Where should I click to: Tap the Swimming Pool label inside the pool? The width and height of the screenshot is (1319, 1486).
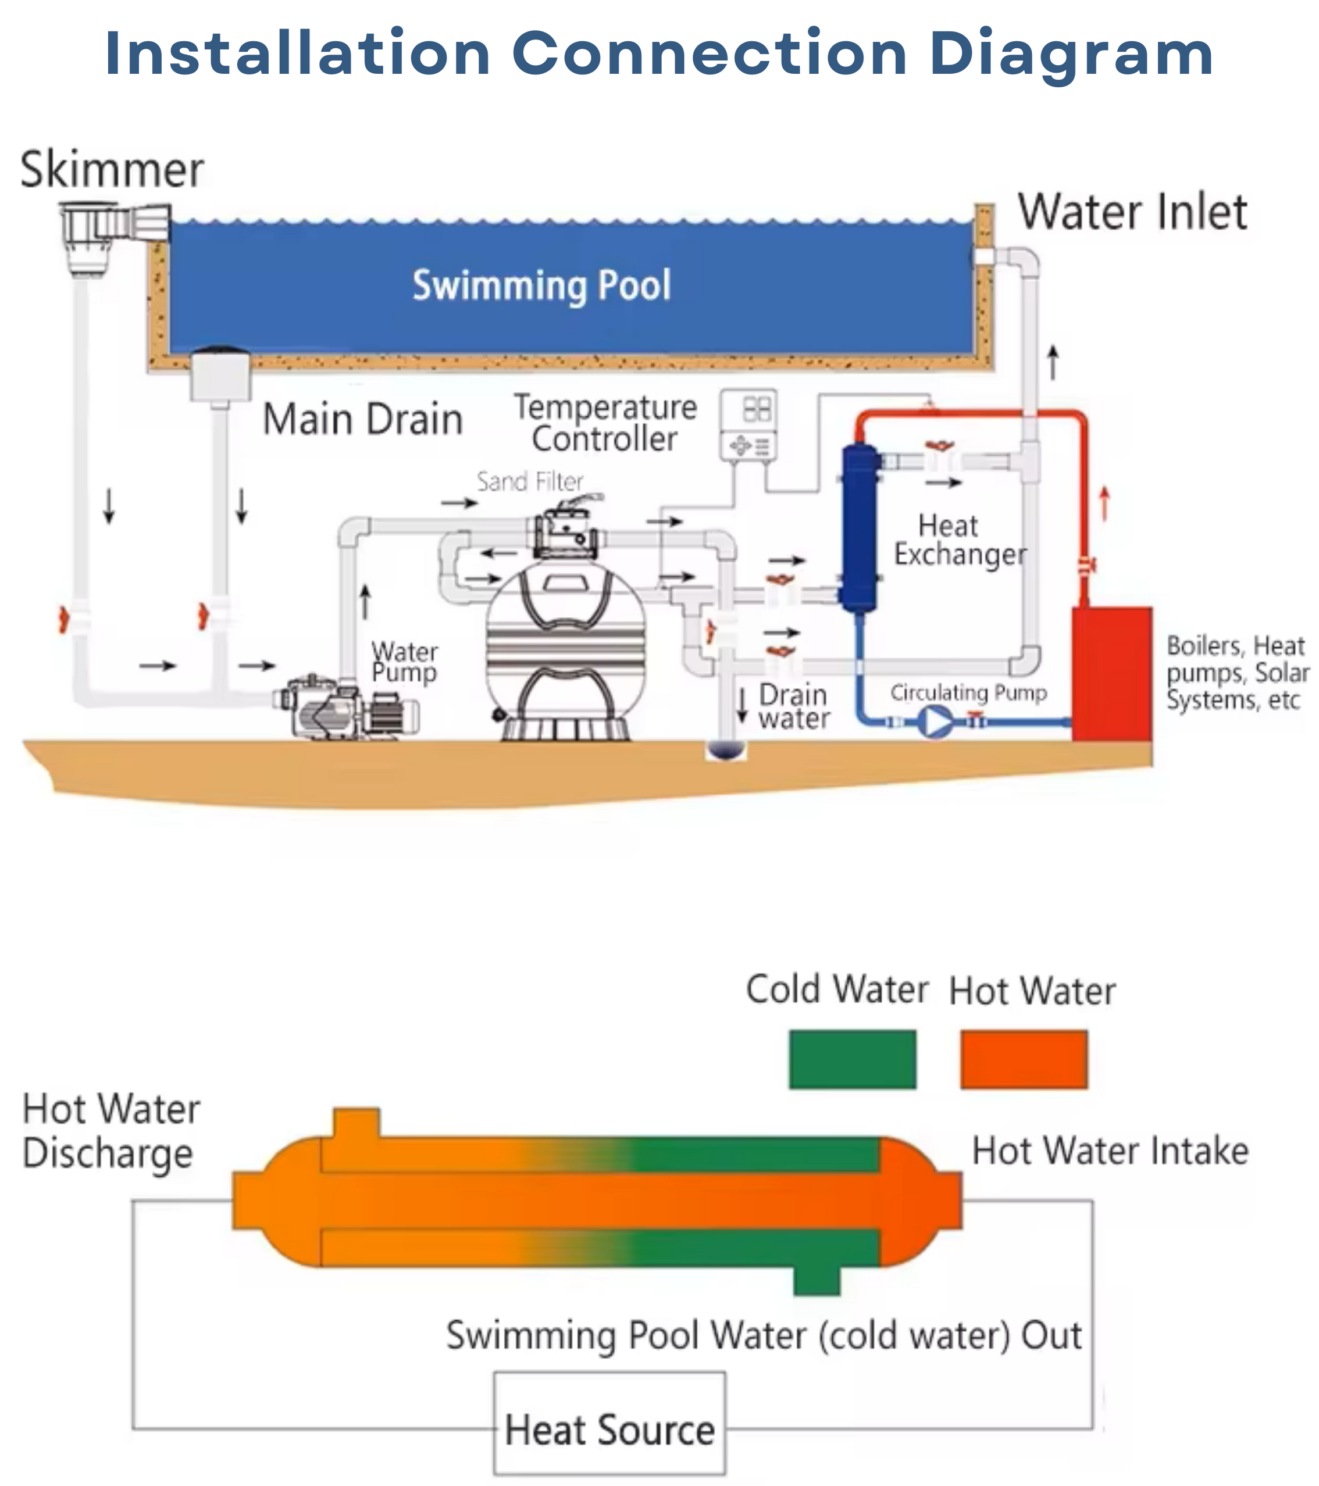541,285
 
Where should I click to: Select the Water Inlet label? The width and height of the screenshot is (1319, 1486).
1132,212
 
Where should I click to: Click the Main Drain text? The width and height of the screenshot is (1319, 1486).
362,420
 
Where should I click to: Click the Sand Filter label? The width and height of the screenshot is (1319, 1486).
529,481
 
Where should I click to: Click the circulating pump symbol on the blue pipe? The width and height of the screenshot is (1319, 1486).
935,723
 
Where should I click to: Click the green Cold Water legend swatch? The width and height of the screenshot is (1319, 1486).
852,1059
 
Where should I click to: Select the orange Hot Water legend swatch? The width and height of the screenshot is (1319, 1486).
1024,1059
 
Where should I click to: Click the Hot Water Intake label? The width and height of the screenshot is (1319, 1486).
1110,1152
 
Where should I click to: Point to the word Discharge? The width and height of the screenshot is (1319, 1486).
108,1155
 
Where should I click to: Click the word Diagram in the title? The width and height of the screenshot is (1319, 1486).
1071,54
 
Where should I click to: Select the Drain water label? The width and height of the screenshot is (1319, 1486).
793,706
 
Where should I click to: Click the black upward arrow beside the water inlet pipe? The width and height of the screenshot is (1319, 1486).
1053,362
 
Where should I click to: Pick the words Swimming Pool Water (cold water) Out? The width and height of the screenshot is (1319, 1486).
764,1335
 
